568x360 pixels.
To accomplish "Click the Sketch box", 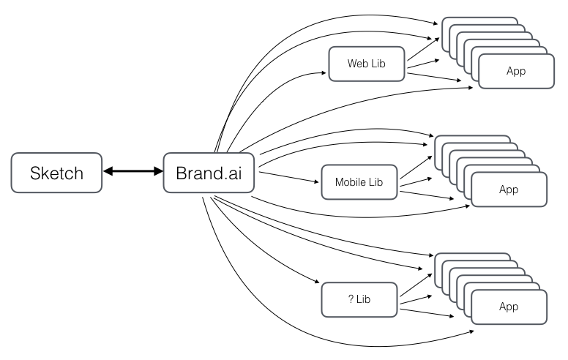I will (x=56, y=173).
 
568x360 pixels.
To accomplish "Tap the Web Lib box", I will (x=367, y=64).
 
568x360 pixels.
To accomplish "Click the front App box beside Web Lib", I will (x=515, y=71).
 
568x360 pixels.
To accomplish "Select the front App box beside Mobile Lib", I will (x=508, y=190).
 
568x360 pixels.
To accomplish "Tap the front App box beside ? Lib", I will (x=508, y=307).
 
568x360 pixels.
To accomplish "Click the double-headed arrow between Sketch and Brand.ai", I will (x=132, y=173).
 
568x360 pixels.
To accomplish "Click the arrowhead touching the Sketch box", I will (x=107, y=173).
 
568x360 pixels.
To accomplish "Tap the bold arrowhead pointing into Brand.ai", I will (x=157, y=173).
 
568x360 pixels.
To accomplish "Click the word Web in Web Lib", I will (x=357, y=64).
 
